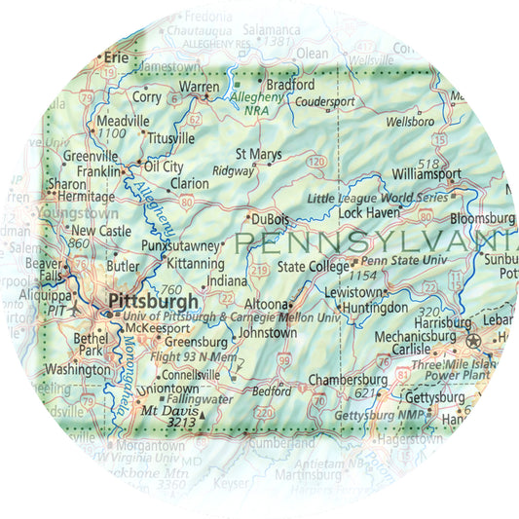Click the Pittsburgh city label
(154, 301)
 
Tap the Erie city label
(117, 58)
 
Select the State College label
(313, 266)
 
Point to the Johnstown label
(268, 333)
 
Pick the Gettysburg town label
(434, 399)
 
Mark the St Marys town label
(259, 154)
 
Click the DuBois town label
(270, 220)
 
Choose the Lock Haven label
(369, 211)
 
